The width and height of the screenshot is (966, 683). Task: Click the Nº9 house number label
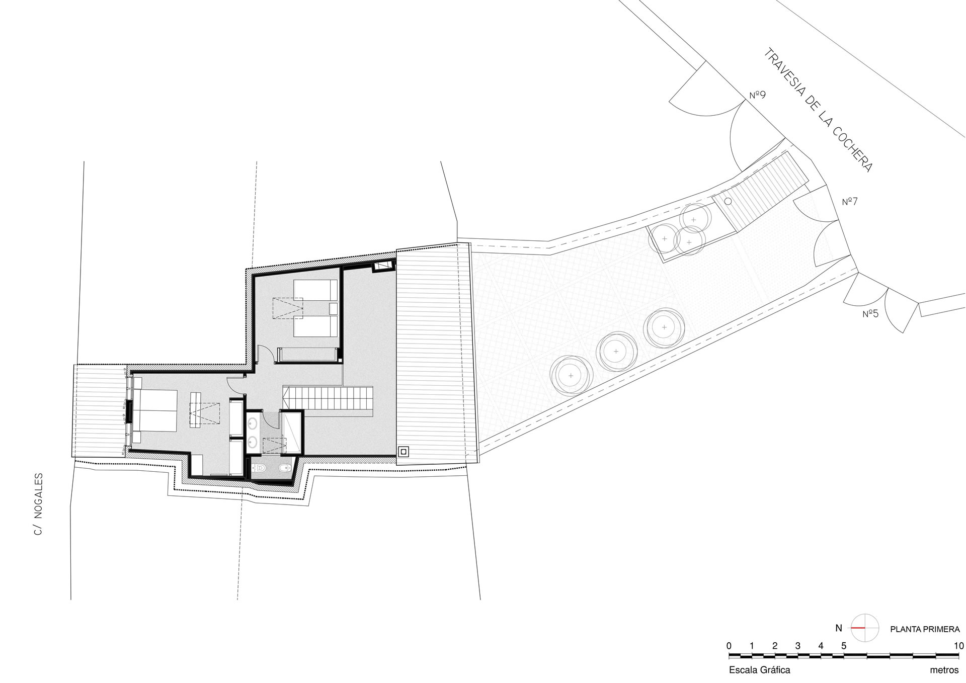click(x=757, y=95)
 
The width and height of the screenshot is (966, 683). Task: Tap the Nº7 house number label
click(x=850, y=202)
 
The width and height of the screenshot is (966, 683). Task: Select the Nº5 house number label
click(x=870, y=314)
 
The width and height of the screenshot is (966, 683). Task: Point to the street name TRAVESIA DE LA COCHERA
click(x=818, y=110)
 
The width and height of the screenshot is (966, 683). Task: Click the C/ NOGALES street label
click(x=39, y=504)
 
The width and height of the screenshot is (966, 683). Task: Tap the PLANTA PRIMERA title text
click(x=925, y=629)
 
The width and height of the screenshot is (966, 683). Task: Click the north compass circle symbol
click(x=865, y=628)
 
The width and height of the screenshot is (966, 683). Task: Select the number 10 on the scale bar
click(x=958, y=646)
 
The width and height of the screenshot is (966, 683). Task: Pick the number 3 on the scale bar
click(x=798, y=646)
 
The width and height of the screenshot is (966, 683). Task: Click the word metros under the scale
click(x=944, y=670)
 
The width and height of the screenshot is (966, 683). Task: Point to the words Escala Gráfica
click(x=759, y=670)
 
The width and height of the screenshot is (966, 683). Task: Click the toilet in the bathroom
click(x=260, y=468)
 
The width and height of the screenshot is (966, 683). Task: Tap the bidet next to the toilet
click(x=285, y=468)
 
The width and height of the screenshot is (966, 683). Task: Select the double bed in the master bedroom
click(x=154, y=410)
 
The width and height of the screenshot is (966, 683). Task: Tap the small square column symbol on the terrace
click(x=404, y=452)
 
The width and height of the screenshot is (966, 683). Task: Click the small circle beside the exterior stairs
click(x=728, y=201)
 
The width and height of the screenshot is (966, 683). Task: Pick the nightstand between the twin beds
click(x=333, y=308)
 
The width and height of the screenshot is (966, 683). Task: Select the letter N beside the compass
click(x=838, y=628)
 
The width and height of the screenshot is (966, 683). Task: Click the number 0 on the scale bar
click(x=729, y=646)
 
